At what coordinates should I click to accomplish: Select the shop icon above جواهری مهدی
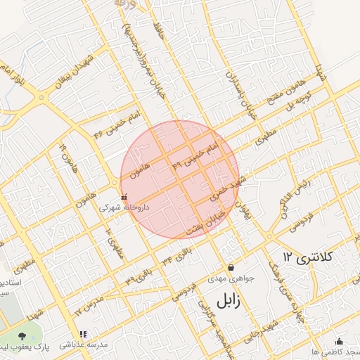[x=231, y=266]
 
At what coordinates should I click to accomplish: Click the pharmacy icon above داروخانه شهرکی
[x=124, y=196]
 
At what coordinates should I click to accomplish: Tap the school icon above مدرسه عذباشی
[x=84, y=334]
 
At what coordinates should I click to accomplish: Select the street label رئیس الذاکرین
[x=296, y=198]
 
